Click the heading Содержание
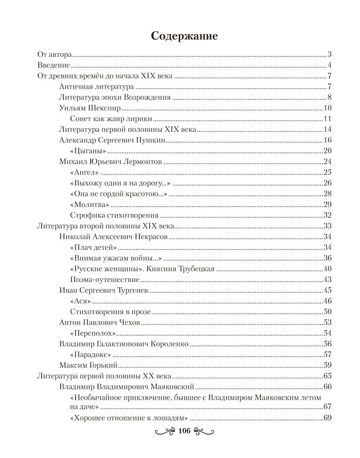pyautogui.click(x=185, y=36)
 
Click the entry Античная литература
pyautogui.click(x=96, y=87)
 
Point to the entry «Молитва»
pyautogui.click(x=90, y=204)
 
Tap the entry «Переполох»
pyautogui.click(x=93, y=333)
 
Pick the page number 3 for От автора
pyautogui.click(x=329, y=55)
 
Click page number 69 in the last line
pyautogui.click(x=327, y=418)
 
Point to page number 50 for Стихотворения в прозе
pyautogui.click(x=327, y=311)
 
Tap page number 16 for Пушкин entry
pyautogui.click(x=327, y=140)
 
